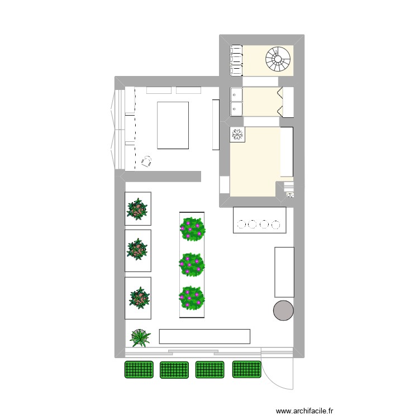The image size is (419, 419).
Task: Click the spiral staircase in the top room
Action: [278, 59]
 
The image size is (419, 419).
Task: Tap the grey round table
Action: [283, 310]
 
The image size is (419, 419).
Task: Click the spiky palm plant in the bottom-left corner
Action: [140, 337]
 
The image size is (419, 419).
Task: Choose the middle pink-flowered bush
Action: [192, 264]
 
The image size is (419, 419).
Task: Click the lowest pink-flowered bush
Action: [192, 298]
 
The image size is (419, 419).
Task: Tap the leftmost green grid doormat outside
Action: [139, 369]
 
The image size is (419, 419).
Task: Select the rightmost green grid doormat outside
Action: [247, 369]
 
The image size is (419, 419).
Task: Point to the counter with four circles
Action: [260, 220]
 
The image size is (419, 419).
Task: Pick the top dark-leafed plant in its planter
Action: [137, 209]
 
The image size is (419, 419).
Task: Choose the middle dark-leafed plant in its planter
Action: [137, 250]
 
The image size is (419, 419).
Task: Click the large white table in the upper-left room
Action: [173, 125]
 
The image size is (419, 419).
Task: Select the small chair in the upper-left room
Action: [147, 161]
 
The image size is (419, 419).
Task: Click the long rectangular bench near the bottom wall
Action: [204, 336]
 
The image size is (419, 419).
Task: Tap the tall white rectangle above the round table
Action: [284, 272]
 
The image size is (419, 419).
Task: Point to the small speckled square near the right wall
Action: [290, 194]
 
